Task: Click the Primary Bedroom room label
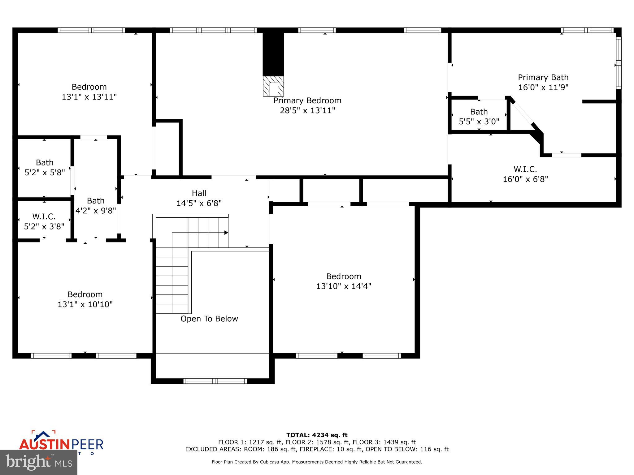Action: point(307,101)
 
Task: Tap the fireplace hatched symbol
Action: point(273,86)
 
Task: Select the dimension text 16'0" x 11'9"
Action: point(543,88)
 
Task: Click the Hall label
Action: point(199,193)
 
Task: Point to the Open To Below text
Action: point(209,319)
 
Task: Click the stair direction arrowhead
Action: point(226,233)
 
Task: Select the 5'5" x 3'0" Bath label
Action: point(479,117)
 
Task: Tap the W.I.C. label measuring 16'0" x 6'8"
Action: point(525,174)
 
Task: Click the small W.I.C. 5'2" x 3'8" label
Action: point(44,222)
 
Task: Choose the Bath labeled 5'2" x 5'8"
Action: point(45,167)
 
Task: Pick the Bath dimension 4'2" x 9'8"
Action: point(96,211)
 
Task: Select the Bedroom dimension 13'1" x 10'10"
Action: point(85,305)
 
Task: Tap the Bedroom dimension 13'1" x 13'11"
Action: point(89,97)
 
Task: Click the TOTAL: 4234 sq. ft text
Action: point(317,435)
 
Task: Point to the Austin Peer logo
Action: point(61,443)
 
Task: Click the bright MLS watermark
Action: point(39,462)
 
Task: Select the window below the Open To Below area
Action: point(215,381)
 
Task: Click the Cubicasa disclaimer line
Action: point(317,462)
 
